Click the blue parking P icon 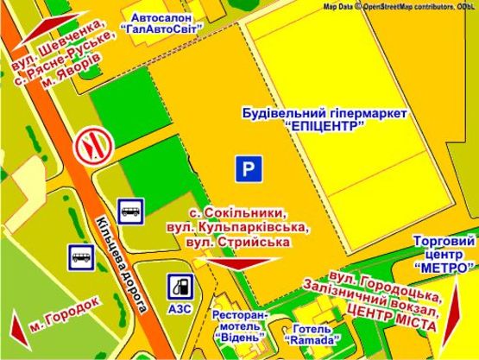pos(248,170)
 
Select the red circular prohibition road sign pos(90,148)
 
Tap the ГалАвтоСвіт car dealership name pos(162,28)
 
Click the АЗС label pos(180,308)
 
